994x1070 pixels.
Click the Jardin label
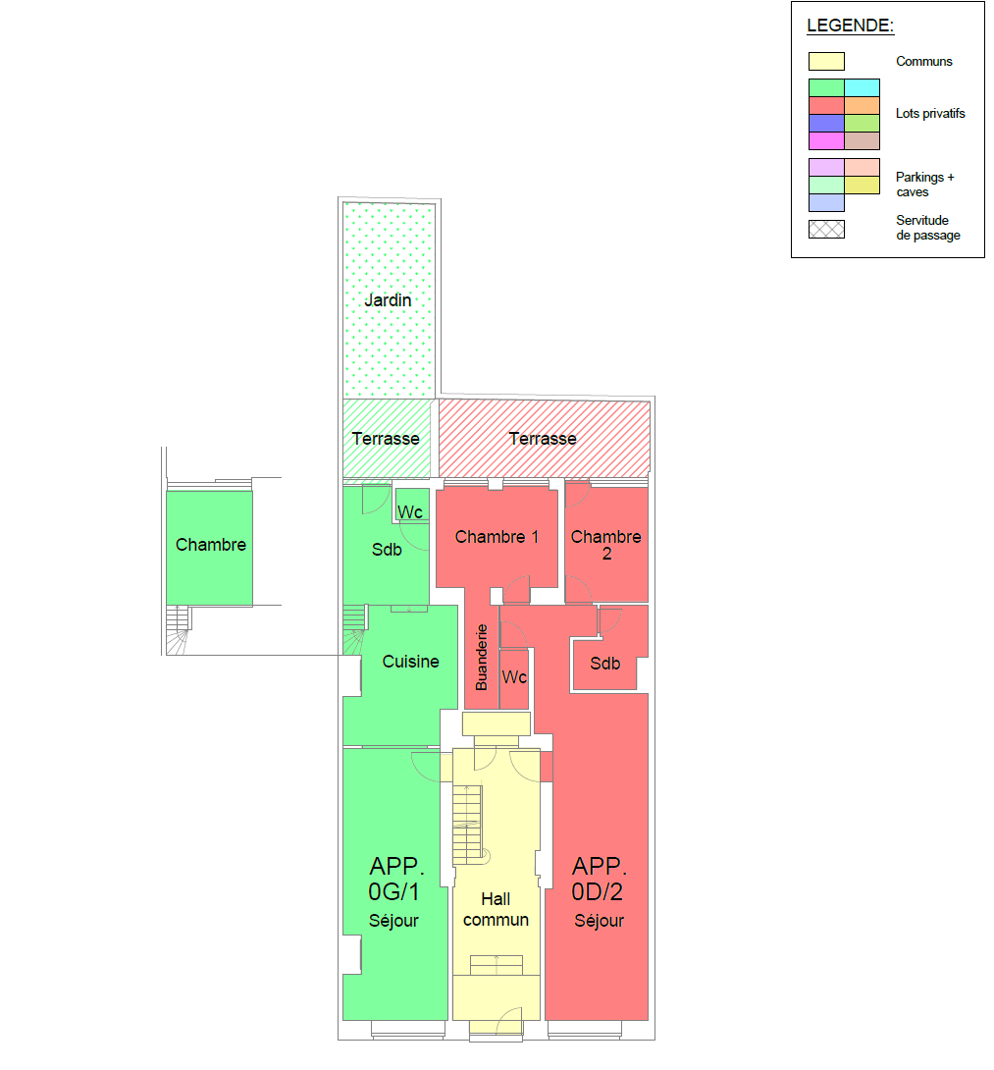point(388,300)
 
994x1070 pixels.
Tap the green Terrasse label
point(386,438)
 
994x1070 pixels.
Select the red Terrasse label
point(543,438)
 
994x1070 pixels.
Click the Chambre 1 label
point(497,537)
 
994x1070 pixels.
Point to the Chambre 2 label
point(605,545)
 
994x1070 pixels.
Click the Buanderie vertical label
point(482,657)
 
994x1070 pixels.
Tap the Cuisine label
point(411,662)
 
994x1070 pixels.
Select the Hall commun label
point(496,909)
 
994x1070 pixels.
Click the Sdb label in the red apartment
point(605,664)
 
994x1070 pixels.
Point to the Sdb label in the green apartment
point(387,550)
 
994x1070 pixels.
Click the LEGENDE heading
point(850,26)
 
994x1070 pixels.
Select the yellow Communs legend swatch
point(826,62)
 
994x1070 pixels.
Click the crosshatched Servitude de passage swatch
point(826,230)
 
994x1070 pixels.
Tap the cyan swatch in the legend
point(862,87)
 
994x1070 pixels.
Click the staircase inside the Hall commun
point(468,825)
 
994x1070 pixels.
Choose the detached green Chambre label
point(211,545)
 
